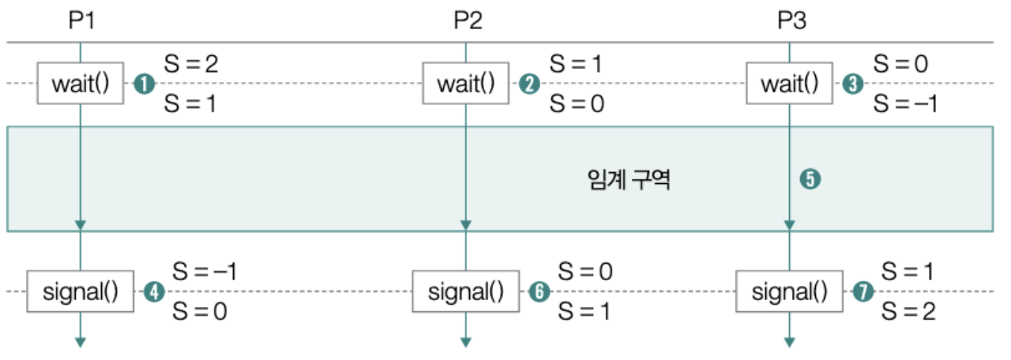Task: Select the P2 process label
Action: click(468, 21)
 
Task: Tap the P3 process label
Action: click(791, 21)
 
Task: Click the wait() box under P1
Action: click(81, 84)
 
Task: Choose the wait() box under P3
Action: click(790, 84)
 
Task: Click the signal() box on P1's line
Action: click(80, 292)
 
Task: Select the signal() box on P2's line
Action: click(466, 292)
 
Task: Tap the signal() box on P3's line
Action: click(789, 292)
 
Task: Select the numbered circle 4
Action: click(153, 292)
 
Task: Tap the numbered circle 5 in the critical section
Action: click(810, 179)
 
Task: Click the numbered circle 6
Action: click(539, 292)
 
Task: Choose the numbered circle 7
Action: click(863, 292)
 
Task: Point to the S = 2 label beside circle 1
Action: click(190, 65)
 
